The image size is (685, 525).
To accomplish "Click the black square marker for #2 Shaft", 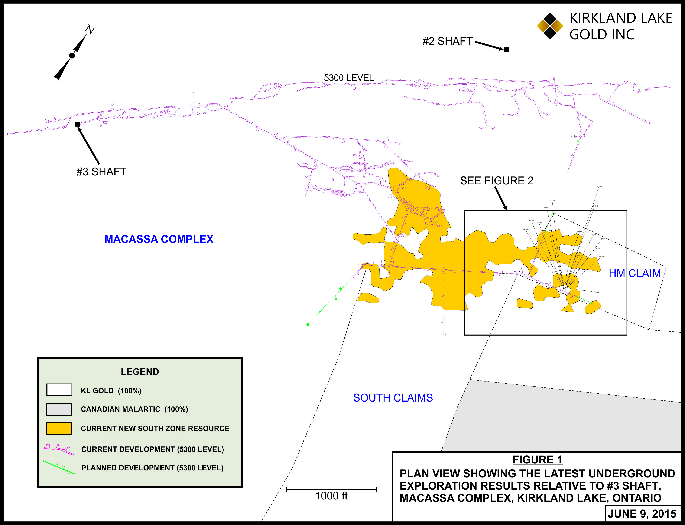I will [x=506, y=50].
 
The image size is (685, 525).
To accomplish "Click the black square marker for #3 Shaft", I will [x=77, y=124].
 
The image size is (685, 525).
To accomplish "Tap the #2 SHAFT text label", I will [x=447, y=41].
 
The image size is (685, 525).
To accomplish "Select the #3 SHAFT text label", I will [x=101, y=172].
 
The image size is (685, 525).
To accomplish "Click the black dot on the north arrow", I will [x=72, y=56].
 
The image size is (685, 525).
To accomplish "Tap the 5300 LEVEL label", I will [x=349, y=78].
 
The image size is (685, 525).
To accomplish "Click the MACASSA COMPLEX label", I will [x=159, y=239].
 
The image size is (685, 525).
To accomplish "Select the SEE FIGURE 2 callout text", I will [x=496, y=181].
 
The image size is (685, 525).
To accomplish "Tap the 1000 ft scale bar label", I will [x=332, y=496].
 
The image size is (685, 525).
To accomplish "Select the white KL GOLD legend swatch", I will [x=59, y=390].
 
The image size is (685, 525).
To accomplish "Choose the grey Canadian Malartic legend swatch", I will [x=59, y=409].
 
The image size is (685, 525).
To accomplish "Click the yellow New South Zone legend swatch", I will [x=59, y=428].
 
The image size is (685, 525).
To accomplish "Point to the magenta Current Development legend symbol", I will [x=59, y=449].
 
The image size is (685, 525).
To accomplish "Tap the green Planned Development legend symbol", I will [x=59, y=468].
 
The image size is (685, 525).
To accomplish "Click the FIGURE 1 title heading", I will [x=537, y=460].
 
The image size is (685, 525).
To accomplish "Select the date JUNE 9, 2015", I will [x=642, y=514].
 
